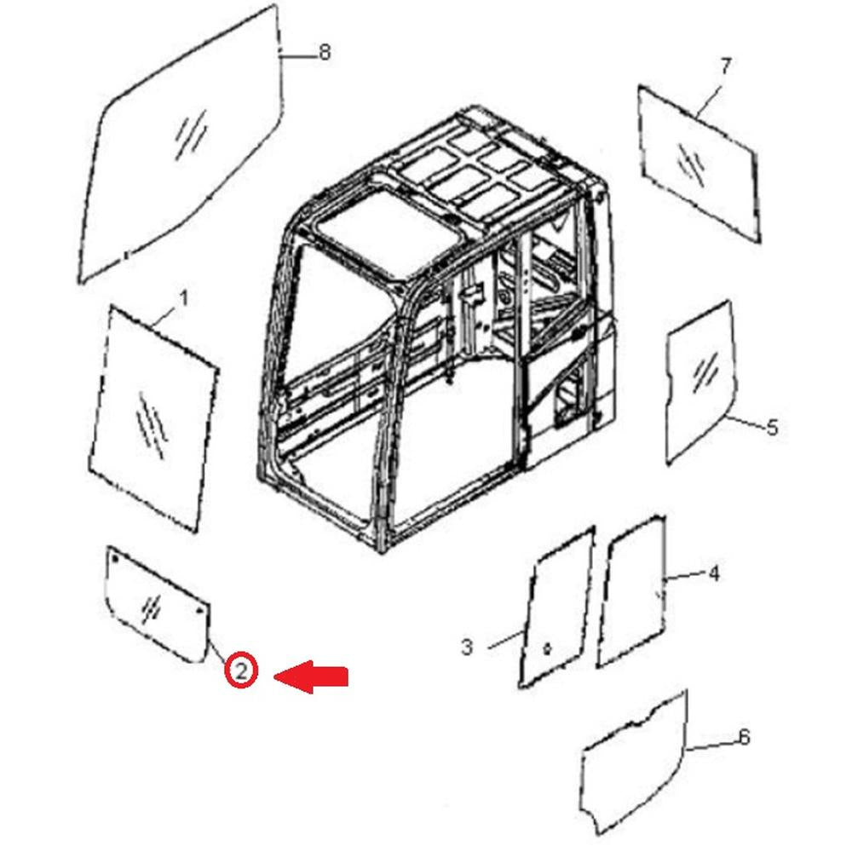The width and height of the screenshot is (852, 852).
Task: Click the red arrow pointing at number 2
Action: [311, 676]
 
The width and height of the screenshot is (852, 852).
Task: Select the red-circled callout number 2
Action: [241, 671]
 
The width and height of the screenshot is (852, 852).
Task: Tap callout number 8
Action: [324, 53]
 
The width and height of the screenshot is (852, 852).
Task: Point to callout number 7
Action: [725, 66]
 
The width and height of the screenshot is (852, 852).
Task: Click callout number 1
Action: [184, 298]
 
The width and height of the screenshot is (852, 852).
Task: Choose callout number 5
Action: [772, 427]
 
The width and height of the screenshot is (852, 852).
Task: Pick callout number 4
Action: [714, 573]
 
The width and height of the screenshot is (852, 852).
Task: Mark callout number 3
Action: [467, 648]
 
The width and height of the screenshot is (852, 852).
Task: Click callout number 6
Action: [745, 737]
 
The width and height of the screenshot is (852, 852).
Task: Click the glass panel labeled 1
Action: [153, 418]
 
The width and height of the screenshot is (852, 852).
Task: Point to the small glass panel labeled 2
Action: [157, 604]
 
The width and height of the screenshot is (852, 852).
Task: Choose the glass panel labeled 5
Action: [701, 382]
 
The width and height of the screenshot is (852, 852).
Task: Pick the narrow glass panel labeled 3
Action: [556, 607]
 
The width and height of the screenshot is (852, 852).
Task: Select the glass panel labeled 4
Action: [631, 591]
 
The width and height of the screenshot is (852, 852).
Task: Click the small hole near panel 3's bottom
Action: [547, 648]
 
